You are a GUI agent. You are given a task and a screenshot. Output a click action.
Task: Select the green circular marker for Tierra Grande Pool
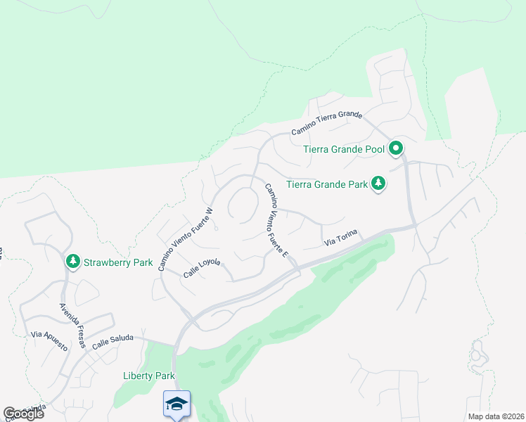[x=396, y=148]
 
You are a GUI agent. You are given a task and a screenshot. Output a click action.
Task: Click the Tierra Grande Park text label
[x=328, y=186]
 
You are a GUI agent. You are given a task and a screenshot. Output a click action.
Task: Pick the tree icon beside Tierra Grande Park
[x=379, y=184]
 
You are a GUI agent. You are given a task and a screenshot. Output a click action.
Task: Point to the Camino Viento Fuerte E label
[x=276, y=219]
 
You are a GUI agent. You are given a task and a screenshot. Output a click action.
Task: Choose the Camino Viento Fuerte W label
[x=185, y=239]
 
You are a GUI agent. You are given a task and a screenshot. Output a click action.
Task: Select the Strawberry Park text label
[x=118, y=263]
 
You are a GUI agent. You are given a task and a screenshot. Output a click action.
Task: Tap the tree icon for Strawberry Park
[x=72, y=262]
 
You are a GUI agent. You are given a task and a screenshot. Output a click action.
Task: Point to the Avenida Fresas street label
[x=72, y=325]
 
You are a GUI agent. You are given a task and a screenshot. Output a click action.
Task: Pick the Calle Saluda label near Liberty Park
[x=113, y=340]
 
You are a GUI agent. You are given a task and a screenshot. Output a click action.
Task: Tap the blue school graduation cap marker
[x=177, y=404]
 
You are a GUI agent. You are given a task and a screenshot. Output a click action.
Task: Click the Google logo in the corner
[x=23, y=414]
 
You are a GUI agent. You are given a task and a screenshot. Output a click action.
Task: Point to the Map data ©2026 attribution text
[x=495, y=416]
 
